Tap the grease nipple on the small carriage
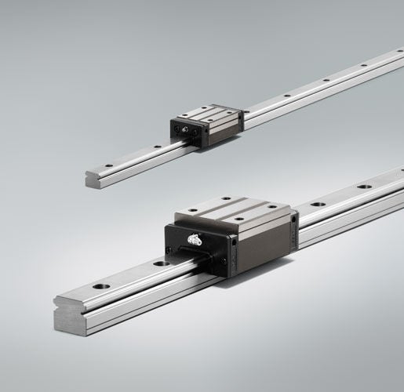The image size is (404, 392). point(183,129)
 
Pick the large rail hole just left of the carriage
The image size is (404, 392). point(161,264)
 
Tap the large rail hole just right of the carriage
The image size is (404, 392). point(318,203)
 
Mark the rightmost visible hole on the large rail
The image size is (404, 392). point(364,187)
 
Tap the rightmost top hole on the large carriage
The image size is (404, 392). point(271,207)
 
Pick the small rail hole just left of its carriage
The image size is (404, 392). point(157,146)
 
